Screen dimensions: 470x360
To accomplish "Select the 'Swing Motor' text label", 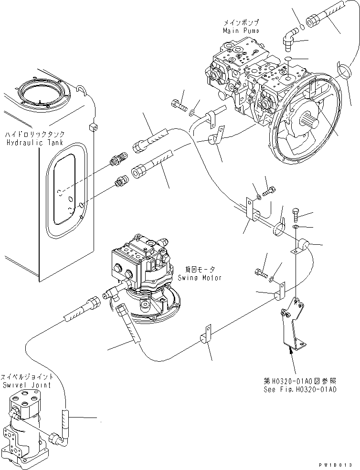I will click(200, 278).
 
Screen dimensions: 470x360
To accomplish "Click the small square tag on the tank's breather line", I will click(93, 127).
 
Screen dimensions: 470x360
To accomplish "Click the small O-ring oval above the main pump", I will click(286, 59).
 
